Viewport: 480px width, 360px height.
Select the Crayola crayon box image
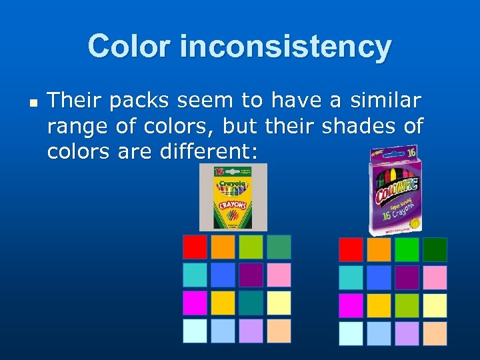[x=233, y=197]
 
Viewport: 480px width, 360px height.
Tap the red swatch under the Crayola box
[x=195, y=247]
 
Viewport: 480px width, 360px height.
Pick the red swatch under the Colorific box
[x=351, y=250]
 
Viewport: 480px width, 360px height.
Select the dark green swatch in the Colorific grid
[x=435, y=250]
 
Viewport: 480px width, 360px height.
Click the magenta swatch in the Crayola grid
[x=195, y=303]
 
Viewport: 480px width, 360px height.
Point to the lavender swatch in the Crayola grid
[x=251, y=331]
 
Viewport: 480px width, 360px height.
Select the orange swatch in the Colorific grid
[x=379, y=250]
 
